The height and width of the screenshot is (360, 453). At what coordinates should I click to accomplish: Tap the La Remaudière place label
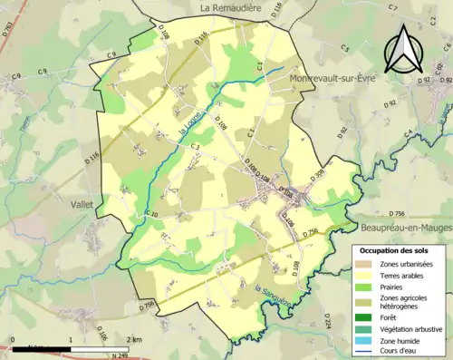click(232, 7)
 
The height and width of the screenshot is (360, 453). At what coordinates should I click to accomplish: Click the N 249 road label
click(118, 355)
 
